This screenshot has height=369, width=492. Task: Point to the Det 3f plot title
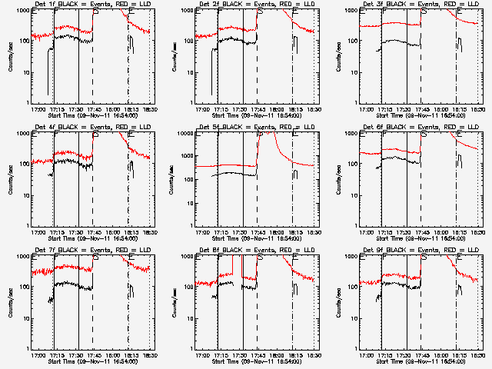[422, 4]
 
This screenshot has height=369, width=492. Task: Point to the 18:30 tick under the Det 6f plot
[477, 232]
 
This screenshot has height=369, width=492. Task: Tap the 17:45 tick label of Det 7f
[93, 355]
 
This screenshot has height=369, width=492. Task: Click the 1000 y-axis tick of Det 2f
[188, 12]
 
